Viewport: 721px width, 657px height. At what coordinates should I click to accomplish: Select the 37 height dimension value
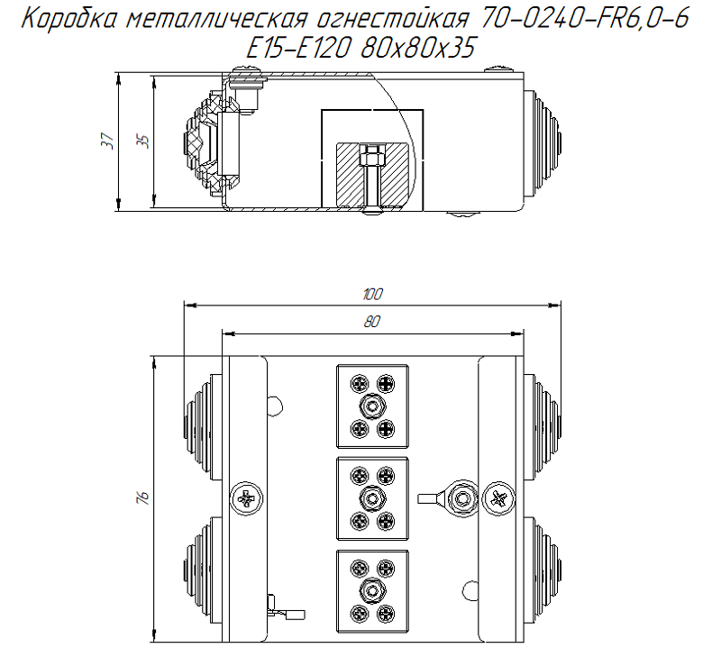pos(107,141)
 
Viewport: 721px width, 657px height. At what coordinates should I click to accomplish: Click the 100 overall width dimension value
pos(371,294)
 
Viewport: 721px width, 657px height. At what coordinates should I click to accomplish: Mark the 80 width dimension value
pos(372,323)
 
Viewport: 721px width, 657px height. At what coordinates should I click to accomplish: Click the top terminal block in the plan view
pos(371,406)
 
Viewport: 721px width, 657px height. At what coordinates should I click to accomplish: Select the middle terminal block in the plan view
pos(371,497)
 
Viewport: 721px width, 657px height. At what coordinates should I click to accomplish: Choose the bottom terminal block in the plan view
pos(371,589)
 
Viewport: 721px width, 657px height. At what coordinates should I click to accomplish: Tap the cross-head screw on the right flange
pos(499,497)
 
